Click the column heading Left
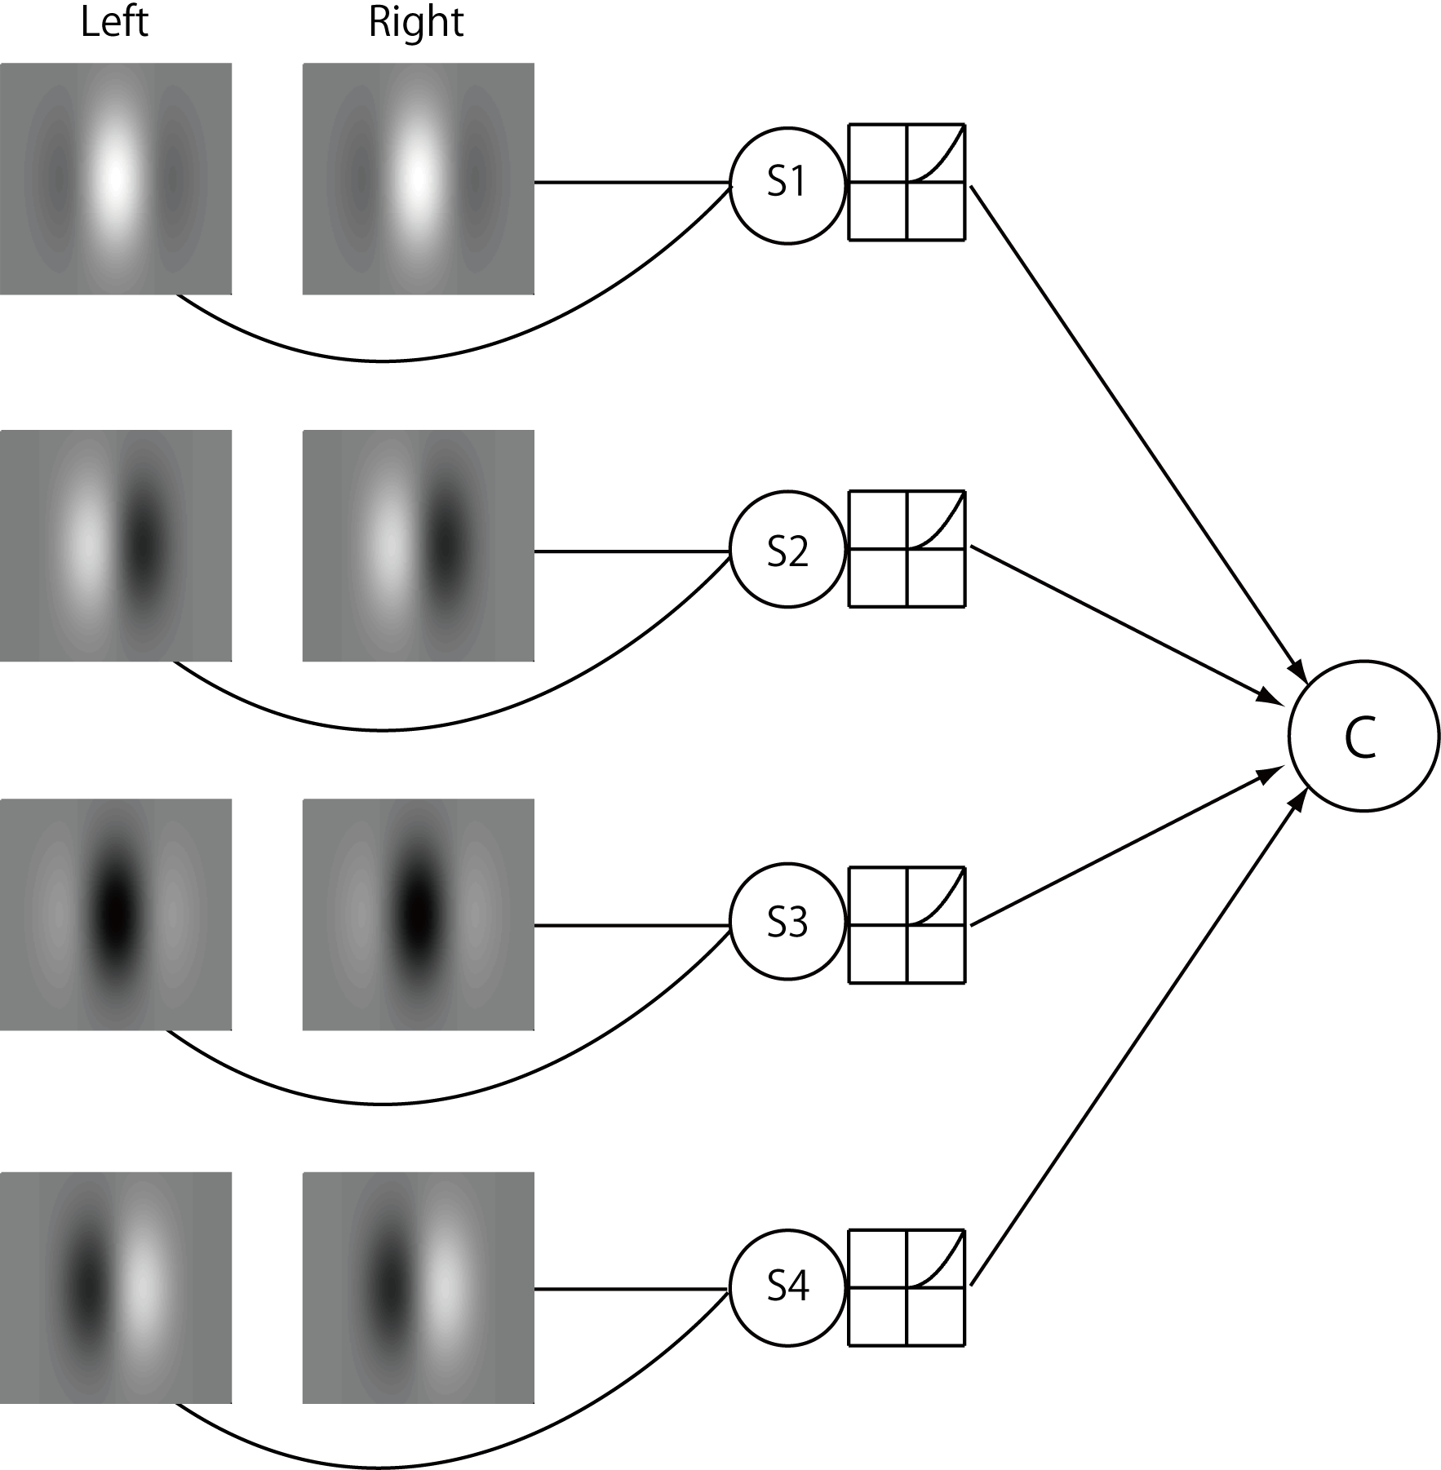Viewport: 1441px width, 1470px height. tap(114, 22)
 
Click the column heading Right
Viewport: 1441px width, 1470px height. tap(416, 22)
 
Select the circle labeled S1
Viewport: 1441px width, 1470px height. tap(787, 184)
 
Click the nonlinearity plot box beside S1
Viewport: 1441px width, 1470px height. tap(907, 182)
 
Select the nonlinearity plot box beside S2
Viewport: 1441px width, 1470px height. tap(907, 548)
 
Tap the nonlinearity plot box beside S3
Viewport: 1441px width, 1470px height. tap(907, 924)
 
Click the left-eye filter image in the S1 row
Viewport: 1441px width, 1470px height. tap(116, 179)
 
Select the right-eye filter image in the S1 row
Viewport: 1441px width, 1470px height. tap(418, 179)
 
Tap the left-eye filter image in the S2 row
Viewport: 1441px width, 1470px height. tap(116, 545)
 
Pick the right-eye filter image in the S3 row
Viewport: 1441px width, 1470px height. tap(418, 914)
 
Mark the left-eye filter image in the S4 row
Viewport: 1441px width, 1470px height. tap(116, 1287)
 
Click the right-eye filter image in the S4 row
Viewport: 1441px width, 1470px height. tap(418, 1287)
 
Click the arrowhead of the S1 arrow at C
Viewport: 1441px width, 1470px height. tap(1300, 672)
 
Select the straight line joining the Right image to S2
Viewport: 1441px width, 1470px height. tap(632, 551)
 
